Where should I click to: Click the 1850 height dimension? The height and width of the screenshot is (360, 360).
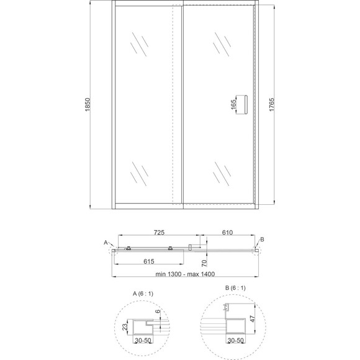coord(88,105)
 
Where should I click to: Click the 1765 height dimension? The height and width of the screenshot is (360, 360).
coord(272,105)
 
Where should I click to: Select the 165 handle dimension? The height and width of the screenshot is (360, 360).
coord(233,105)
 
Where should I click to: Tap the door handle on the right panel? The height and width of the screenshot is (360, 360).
coord(246,104)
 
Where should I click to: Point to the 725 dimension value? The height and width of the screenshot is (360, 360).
coord(159,233)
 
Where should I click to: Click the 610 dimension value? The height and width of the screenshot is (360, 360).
coord(227,233)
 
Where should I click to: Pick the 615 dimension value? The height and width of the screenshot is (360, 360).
coord(149,261)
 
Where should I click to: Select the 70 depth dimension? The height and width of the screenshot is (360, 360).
coord(204,263)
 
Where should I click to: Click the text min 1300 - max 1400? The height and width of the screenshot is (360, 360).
coord(185,274)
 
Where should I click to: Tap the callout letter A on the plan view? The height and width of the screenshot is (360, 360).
coord(106,243)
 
